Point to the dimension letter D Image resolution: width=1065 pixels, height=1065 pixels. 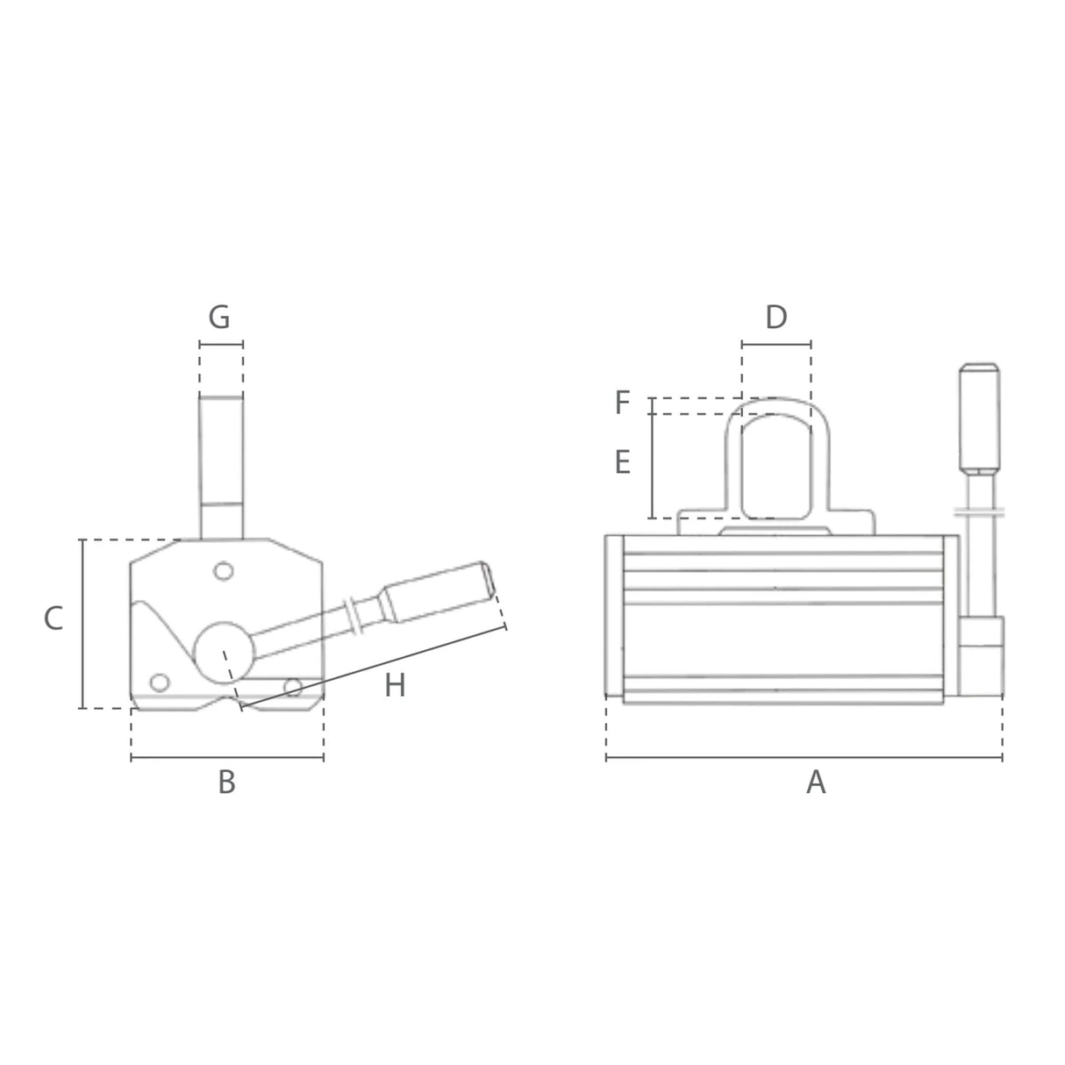pyautogui.click(x=776, y=318)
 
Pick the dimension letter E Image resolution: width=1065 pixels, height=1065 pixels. pyautogui.click(x=623, y=462)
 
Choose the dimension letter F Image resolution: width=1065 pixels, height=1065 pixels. pyautogui.click(x=622, y=403)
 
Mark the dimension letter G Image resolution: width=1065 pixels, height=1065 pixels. pyautogui.click(x=218, y=318)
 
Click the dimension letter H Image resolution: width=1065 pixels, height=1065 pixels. pyautogui.click(x=395, y=685)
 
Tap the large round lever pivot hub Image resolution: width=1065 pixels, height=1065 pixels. pyautogui.click(x=224, y=652)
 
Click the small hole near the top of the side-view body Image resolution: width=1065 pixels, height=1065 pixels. pyautogui.click(x=224, y=571)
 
